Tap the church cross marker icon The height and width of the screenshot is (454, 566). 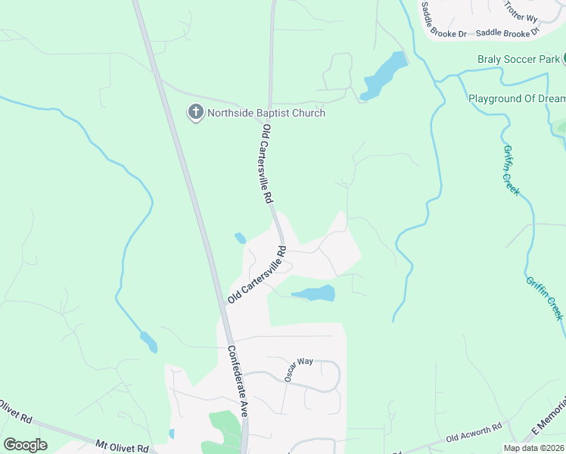[194, 113]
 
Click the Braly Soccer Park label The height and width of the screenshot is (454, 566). [518, 59]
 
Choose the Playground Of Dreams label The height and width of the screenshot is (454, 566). [517, 99]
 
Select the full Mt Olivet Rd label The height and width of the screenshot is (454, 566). [125, 445]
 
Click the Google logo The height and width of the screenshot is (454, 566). [25, 445]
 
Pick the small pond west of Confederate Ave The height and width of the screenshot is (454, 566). [148, 343]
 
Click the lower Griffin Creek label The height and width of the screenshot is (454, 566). [546, 297]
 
